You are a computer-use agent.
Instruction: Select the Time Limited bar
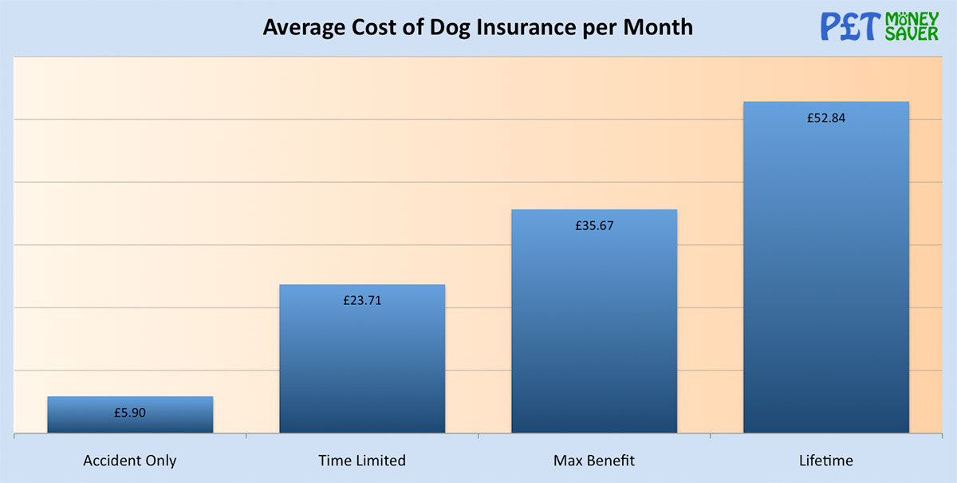tap(362, 359)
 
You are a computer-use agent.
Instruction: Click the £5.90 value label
tap(130, 414)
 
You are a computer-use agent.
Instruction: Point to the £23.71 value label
tap(363, 301)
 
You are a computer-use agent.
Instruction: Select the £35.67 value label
tap(594, 226)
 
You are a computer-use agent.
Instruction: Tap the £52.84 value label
tap(826, 118)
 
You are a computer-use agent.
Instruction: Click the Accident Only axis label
tap(130, 461)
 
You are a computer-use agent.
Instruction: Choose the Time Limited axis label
tap(362, 461)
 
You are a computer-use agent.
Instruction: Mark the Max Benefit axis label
tap(594, 461)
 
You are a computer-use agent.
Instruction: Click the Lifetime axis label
tap(826, 461)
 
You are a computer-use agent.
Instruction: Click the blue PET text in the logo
tap(850, 26)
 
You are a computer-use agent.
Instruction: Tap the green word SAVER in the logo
tap(912, 34)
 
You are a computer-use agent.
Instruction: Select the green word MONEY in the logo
tap(912, 18)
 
